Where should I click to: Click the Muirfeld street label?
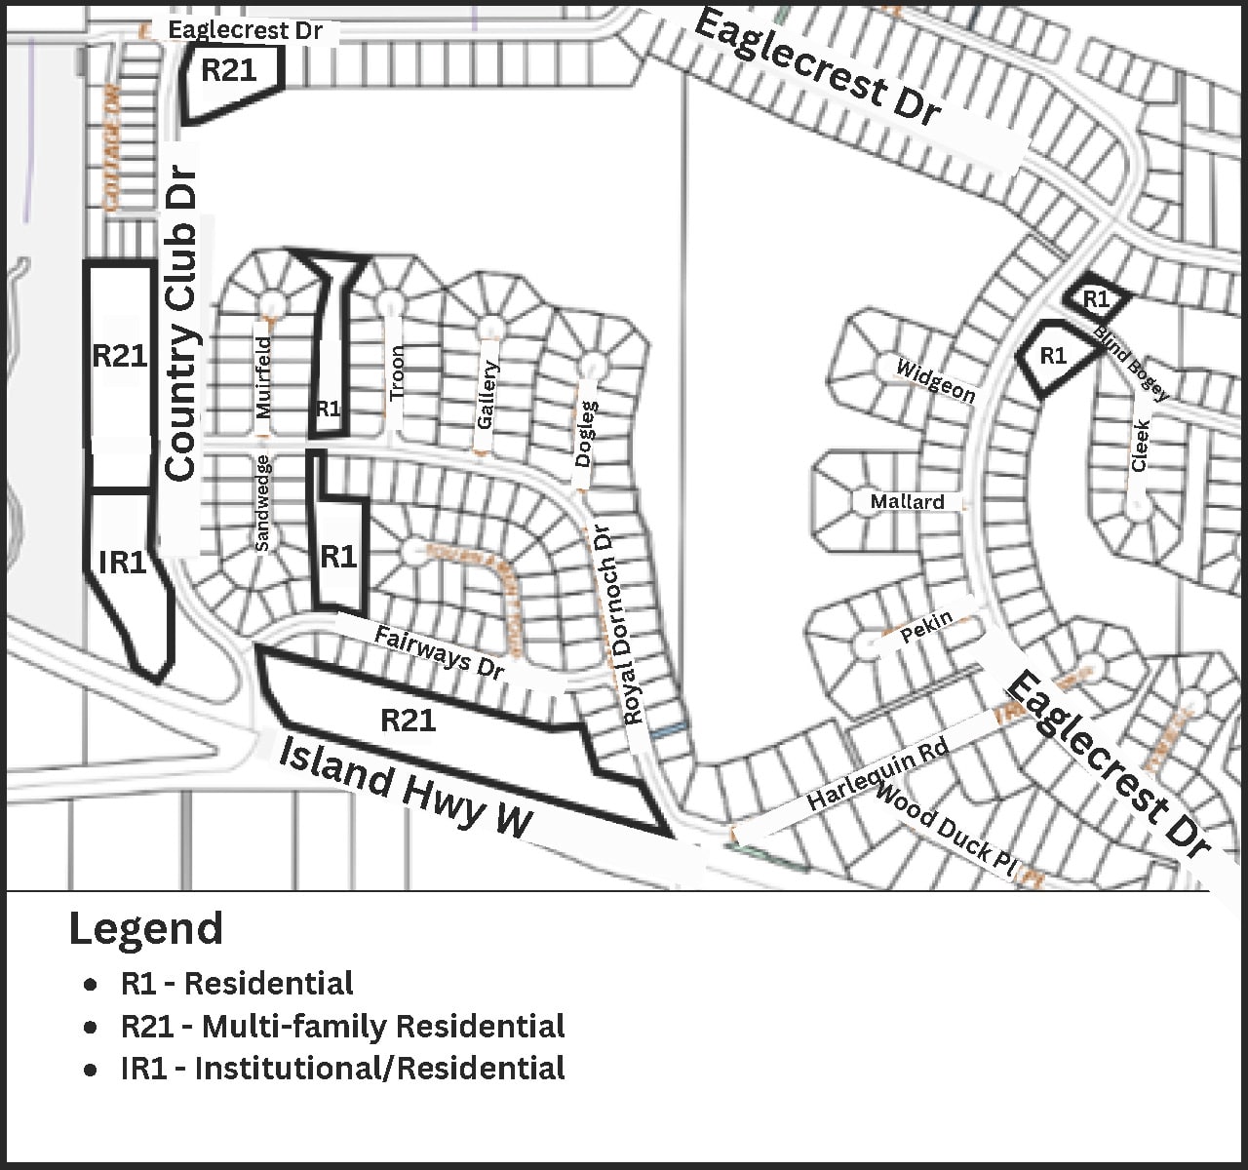pos(263,376)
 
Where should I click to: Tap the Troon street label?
pos(396,373)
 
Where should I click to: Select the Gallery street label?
pos(487,395)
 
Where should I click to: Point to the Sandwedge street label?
pos(261,502)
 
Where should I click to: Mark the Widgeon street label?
pos(935,380)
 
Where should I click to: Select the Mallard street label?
pos(907,501)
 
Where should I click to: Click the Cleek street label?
pos(1140,446)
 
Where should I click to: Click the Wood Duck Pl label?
pos(946,831)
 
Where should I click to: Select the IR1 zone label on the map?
pos(122,562)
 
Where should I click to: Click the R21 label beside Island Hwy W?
pos(408,720)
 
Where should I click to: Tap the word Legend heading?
pos(146,928)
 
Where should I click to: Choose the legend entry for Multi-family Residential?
pos(342,1026)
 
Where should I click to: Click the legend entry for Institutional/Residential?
pos(342,1068)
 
